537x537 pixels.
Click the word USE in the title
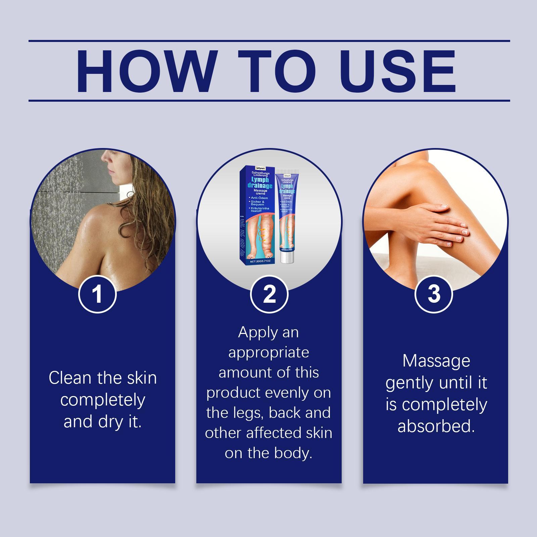[399, 71]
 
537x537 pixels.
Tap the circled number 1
[97, 294]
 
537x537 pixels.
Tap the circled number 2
[269, 294]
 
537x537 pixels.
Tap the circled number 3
[434, 294]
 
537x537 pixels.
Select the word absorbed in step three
[436, 426]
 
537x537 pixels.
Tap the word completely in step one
[102, 400]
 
